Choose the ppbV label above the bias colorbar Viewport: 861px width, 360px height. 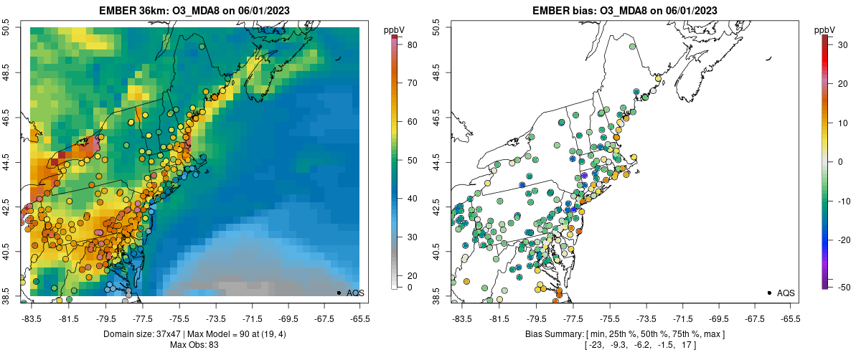pyautogui.click(x=824, y=29)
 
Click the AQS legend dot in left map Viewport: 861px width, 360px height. pyautogui.click(x=339, y=293)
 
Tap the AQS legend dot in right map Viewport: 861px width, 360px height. pyautogui.click(x=769, y=293)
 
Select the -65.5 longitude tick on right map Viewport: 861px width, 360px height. pyautogui.click(x=789, y=318)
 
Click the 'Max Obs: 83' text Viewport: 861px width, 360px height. pyautogui.click(x=194, y=345)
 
